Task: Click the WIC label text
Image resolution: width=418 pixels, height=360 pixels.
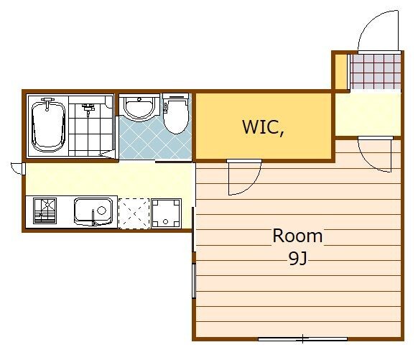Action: point(263,127)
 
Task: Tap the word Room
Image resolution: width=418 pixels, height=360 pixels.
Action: point(297,236)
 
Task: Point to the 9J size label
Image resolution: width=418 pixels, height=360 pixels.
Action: point(298,258)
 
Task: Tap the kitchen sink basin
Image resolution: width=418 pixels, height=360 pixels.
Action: point(93,212)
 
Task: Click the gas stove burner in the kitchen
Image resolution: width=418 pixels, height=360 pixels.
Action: point(45,211)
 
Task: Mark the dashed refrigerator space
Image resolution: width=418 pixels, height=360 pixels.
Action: point(134,213)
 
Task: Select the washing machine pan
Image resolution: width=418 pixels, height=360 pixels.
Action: point(167,213)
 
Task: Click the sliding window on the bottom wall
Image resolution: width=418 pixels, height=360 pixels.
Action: point(302,339)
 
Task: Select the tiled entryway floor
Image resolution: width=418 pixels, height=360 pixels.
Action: point(376,71)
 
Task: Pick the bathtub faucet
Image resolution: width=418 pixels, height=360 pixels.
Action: point(47,103)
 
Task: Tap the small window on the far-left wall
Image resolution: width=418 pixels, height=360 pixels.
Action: point(24,169)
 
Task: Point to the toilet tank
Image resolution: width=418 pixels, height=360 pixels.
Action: point(176,97)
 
